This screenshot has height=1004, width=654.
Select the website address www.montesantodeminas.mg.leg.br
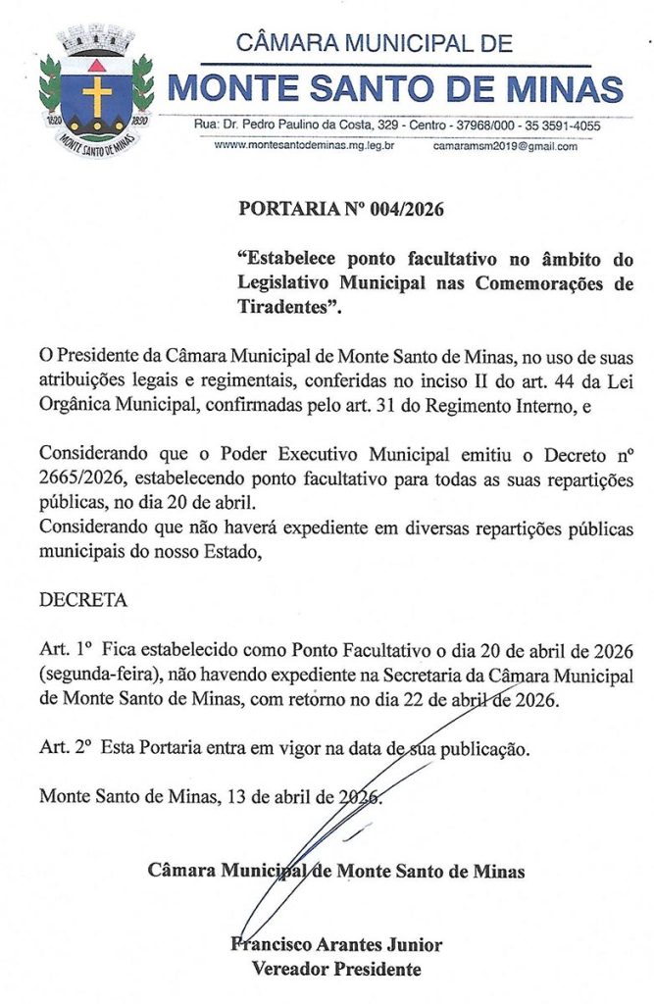(x=304, y=145)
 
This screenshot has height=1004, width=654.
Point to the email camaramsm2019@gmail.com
(x=505, y=145)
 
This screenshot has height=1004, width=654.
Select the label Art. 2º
(x=64, y=750)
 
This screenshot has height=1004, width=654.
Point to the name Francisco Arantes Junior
(x=336, y=945)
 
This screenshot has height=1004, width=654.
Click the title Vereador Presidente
(x=336, y=969)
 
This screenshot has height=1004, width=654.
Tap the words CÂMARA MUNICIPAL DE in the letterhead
(x=376, y=43)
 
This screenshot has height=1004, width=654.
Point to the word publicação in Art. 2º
(x=483, y=750)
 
